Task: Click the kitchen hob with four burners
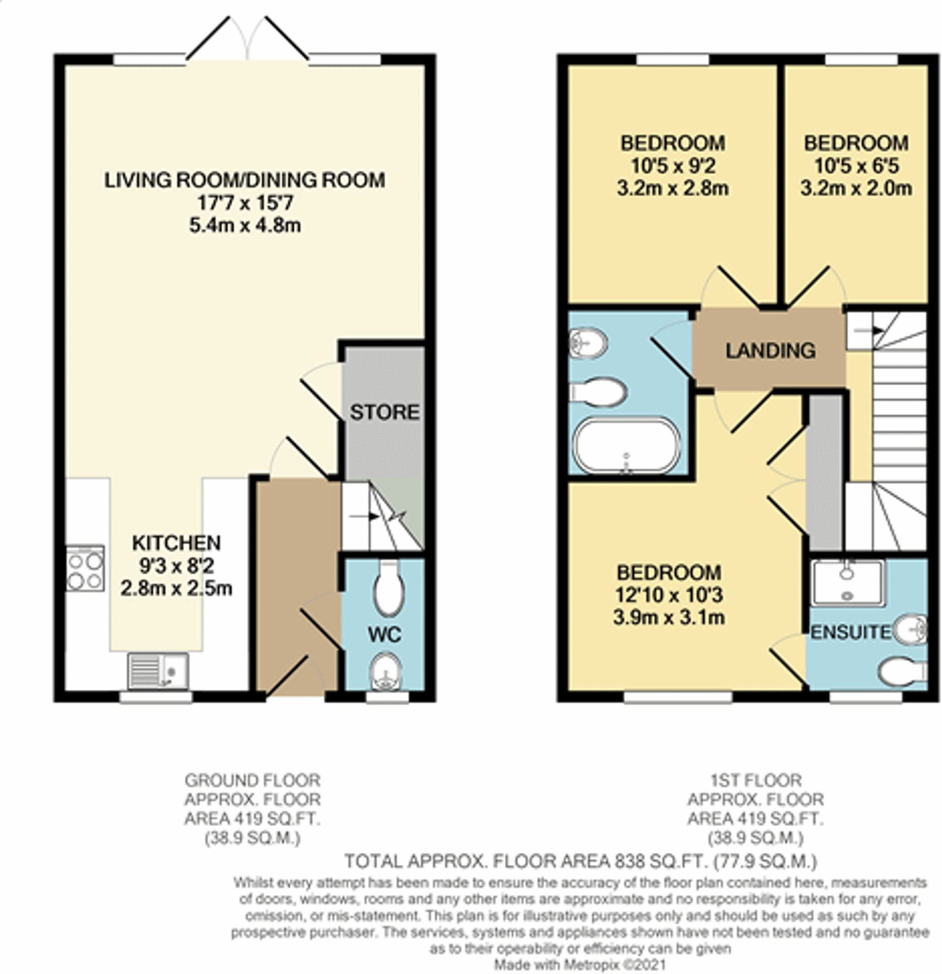(85, 569)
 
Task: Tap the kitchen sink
(158, 671)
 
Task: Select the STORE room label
(384, 413)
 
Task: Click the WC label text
(384, 635)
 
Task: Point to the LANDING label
(770, 351)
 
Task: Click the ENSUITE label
(851, 632)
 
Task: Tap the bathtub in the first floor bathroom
(626, 446)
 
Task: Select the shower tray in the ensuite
(847, 583)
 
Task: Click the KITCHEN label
(177, 543)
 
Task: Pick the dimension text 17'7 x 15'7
(245, 203)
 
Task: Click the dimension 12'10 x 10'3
(669, 595)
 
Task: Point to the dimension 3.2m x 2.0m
(856, 189)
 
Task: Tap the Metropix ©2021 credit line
(580, 964)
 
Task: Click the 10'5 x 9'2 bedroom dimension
(673, 166)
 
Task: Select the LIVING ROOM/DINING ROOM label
(245, 180)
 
